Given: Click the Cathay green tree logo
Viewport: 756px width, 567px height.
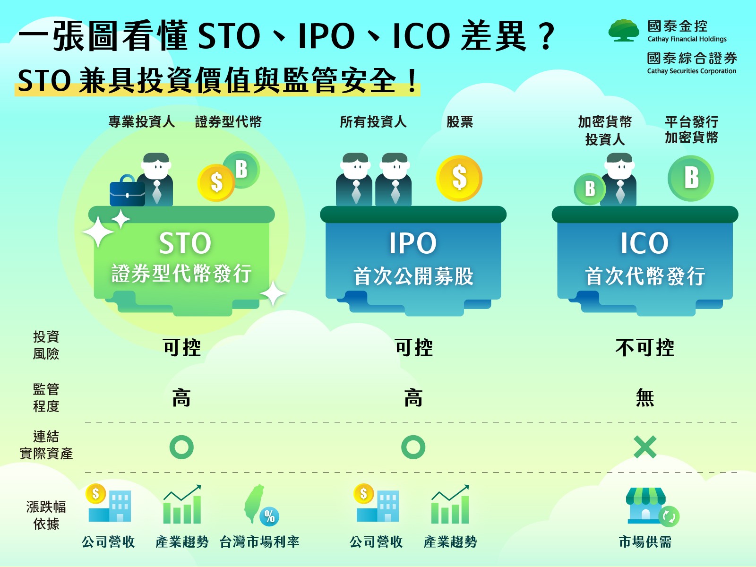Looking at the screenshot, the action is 623,30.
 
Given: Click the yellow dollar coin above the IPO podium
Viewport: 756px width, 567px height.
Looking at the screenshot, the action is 459,178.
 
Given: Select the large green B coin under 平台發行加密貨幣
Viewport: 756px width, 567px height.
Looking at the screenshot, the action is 691,178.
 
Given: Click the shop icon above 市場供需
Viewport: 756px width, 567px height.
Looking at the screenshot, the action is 652,507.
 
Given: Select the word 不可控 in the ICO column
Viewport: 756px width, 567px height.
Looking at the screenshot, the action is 645,347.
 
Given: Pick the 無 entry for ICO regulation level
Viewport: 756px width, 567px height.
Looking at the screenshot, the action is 645,398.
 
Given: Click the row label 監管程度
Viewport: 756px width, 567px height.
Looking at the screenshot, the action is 46,398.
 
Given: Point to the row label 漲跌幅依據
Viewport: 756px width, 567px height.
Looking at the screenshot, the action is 46,515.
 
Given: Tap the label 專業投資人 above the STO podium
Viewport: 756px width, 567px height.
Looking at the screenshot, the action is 142,121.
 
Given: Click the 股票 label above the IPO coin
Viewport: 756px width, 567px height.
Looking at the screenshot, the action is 460,121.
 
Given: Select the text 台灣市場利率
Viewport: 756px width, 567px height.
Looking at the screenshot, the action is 259,542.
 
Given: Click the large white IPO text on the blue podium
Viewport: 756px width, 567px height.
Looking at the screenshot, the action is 413,243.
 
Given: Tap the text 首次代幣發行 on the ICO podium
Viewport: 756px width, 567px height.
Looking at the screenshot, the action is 645,276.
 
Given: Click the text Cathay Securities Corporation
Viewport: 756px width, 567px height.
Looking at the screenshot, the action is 692,71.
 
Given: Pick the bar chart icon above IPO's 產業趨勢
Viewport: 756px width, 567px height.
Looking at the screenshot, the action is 450,504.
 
